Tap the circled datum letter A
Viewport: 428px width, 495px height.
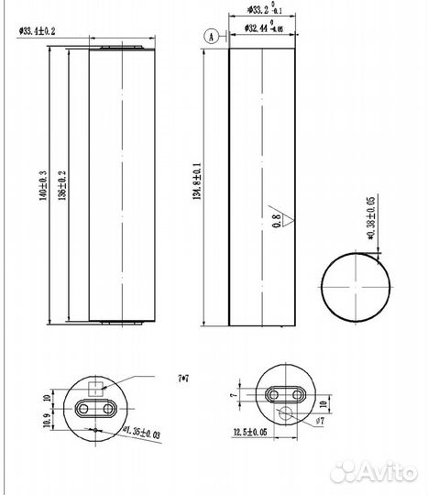[x=212, y=36]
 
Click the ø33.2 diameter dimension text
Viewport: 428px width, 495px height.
[x=259, y=12]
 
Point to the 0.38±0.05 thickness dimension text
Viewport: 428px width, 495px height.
[x=371, y=213]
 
